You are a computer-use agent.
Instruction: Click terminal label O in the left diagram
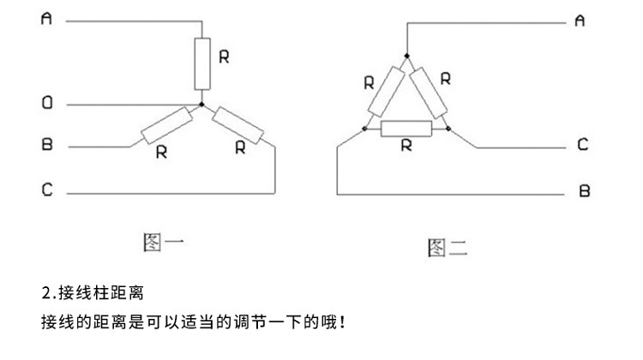pyautogui.click(x=47, y=104)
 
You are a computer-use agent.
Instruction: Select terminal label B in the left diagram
pyautogui.click(x=47, y=146)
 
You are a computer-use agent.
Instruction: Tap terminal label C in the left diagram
pyautogui.click(x=47, y=191)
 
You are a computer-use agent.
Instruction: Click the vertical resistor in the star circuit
pyautogui.click(x=202, y=63)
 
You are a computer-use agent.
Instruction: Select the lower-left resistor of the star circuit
pyautogui.click(x=165, y=125)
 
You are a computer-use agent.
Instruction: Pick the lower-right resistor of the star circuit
pyautogui.click(x=240, y=126)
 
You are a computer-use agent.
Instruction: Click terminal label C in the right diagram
pyautogui.click(x=582, y=146)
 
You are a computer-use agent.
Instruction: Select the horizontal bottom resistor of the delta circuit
pyautogui.click(x=406, y=129)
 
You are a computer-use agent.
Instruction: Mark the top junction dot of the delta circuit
pyautogui.click(x=406, y=57)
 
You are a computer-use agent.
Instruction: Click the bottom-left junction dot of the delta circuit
pyautogui.click(x=365, y=129)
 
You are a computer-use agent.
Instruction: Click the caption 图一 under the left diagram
pyautogui.click(x=163, y=243)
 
